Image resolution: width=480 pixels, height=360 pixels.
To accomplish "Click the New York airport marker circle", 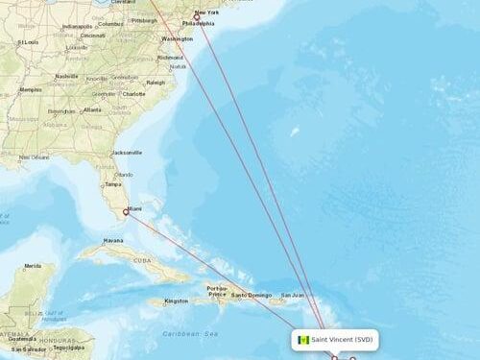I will pos(197,17).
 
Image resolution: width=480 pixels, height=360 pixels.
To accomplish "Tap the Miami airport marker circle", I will pos(126,211).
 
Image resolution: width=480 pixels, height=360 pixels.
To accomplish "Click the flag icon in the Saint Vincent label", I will pos(303,340).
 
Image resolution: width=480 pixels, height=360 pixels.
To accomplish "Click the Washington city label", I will pos(177,38).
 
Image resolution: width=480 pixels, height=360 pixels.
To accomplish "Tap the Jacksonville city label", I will pos(126,152).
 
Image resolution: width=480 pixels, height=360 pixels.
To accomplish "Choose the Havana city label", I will pos(113,240).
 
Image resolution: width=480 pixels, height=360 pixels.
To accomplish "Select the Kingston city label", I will pos(177,300).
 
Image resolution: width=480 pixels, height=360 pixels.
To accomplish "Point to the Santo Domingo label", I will pos(251,294).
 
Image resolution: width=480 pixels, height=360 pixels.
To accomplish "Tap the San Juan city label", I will pos(292,294).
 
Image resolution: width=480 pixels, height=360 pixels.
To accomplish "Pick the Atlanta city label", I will pos(92,109).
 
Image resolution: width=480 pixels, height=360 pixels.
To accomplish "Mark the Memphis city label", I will pos(31,89).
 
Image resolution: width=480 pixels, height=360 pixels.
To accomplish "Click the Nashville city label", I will pos(66,76).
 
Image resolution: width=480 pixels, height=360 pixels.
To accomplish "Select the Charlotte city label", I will pos(133,94).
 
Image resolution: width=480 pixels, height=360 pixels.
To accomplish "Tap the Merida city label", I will pos(34,266).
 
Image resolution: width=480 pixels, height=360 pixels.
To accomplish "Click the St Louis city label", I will pos(28,42).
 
